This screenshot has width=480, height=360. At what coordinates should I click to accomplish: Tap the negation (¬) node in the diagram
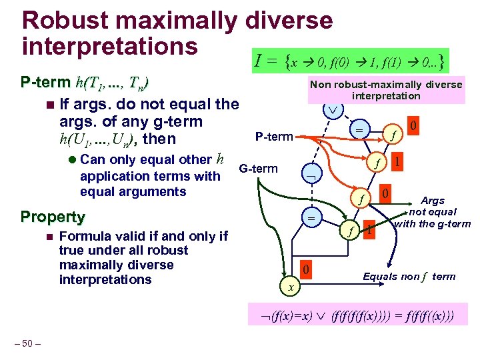click(310, 174)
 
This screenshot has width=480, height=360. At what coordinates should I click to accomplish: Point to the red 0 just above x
click(303, 270)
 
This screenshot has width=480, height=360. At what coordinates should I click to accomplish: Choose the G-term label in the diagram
click(259, 168)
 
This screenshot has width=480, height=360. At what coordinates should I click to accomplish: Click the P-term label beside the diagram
click(274, 137)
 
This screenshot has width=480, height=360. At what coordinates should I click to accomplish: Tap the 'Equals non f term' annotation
click(409, 276)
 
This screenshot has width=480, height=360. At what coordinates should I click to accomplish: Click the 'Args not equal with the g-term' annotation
click(432, 212)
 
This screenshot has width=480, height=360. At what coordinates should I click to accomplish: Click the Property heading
click(53, 217)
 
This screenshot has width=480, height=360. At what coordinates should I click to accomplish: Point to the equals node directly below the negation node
click(310, 218)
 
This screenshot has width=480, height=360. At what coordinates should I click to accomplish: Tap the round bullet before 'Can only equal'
click(71, 160)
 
